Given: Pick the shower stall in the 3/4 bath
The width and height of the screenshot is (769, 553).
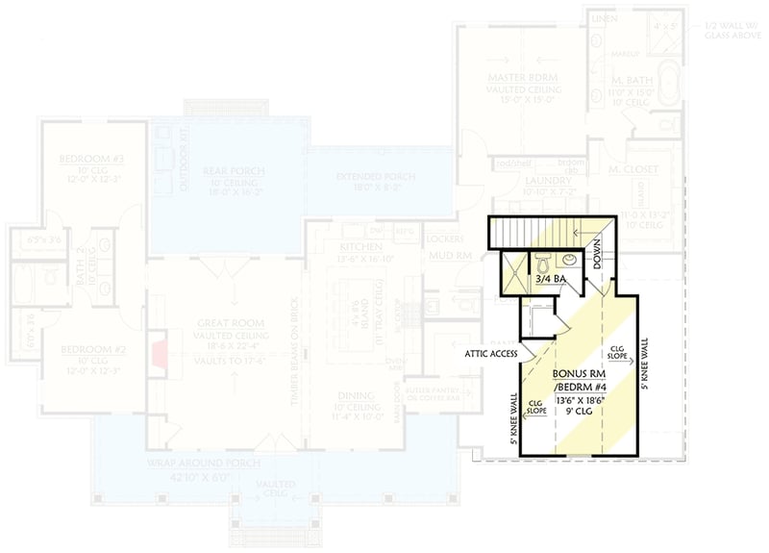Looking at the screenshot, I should point(513,262).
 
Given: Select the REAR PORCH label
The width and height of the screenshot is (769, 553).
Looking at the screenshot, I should point(234,171).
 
